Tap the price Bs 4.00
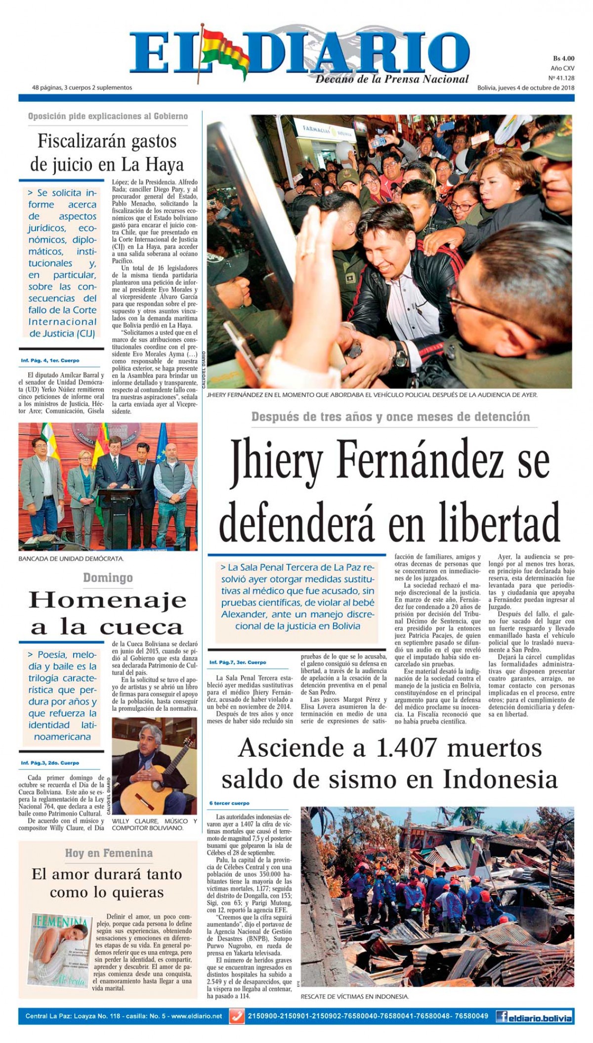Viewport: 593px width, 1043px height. (563, 58)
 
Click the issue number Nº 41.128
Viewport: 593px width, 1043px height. (561, 78)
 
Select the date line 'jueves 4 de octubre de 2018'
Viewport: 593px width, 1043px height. (536, 88)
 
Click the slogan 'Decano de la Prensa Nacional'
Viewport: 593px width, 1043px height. (392, 79)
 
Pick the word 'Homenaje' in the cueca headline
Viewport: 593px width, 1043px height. (108, 601)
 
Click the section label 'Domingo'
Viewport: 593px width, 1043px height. (108, 578)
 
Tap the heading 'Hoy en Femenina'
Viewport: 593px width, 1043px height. (109, 853)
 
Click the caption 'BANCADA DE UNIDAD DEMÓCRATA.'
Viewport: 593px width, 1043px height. (71, 559)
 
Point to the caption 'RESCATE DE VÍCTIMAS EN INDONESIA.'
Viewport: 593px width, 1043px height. (354, 997)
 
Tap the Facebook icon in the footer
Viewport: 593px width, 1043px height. (503, 1017)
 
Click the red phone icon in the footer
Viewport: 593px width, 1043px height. (237, 1016)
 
